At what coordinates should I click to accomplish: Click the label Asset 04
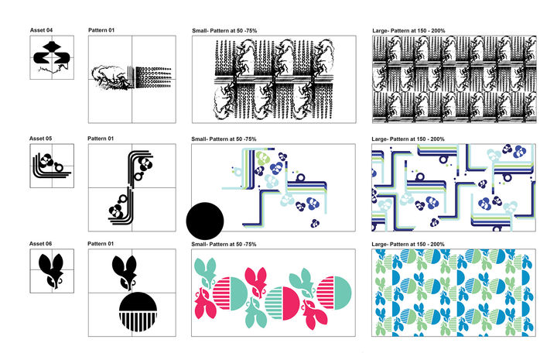[x=41, y=30]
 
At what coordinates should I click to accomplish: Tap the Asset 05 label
[x=40, y=139]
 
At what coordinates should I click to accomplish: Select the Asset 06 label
[x=40, y=244]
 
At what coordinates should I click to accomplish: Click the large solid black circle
[x=205, y=221]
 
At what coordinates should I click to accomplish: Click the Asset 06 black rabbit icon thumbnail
[x=52, y=271]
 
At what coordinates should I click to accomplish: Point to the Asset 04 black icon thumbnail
[x=52, y=57]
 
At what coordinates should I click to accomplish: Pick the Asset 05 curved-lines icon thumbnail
[x=52, y=165]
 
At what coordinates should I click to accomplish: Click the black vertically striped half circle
[x=138, y=321]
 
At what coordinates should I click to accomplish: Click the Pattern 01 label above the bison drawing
[x=101, y=30]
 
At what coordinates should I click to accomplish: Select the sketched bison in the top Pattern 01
[x=112, y=77]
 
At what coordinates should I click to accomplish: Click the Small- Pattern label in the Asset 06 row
[x=224, y=244]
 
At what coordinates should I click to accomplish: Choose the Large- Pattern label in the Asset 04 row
[x=408, y=31]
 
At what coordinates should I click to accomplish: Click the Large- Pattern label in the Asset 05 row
[x=408, y=139]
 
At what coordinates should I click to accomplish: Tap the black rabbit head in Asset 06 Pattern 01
[x=124, y=273]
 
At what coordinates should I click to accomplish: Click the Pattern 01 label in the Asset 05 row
[x=101, y=139]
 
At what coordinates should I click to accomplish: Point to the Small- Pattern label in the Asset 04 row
[x=224, y=31]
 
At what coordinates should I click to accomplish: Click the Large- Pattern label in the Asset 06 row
[x=408, y=244]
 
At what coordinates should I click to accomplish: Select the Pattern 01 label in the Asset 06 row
[x=101, y=244]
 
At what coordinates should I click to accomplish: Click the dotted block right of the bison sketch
[x=152, y=77]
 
